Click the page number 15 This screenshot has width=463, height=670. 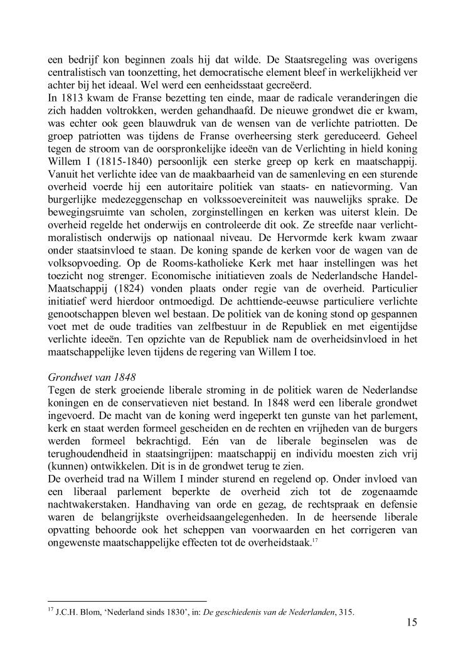(412, 622)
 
